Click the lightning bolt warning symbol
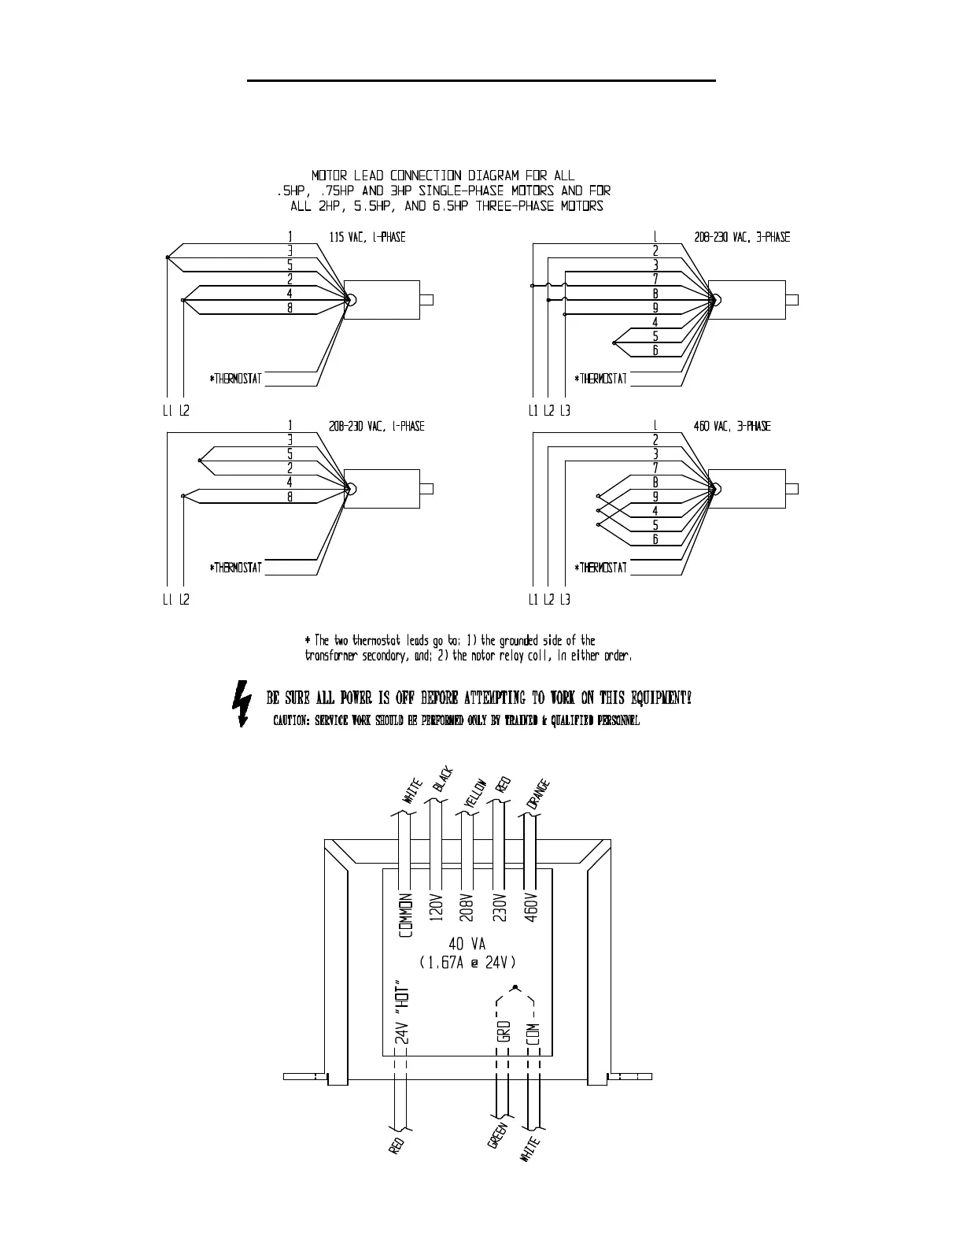coord(242,703)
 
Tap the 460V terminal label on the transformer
coord(530,907)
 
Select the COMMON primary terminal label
coord(406,916)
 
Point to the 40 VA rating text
coord(468,943)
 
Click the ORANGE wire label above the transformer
coord(539,794)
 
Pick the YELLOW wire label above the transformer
coord(474,790)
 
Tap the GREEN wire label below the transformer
coord(497,1135)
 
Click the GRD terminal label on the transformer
coord(504,1031)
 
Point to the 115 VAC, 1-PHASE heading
coord(367,237)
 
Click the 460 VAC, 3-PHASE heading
coord(732,426)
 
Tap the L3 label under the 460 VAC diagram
coord(566,600)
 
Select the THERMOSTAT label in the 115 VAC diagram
coord(236,379)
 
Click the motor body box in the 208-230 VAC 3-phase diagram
coord(747,300)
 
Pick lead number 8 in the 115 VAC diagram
coord(290,308)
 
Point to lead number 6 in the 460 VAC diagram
coord(655,539)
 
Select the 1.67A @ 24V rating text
coord(468,962)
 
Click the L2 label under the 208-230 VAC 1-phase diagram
coord(184,600)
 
